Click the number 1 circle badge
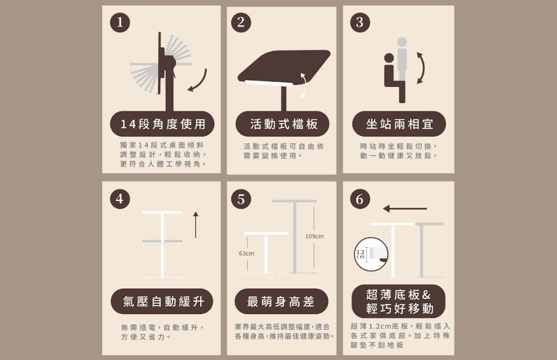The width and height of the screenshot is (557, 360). [x=120, y=23]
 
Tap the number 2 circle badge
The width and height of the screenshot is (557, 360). [x=241, y=22]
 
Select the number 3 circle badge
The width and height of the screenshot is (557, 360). [x=360, y=22]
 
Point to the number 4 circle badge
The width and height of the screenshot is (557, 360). [x=120, y=199]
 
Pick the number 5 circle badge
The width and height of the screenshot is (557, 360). [x=241, y=199]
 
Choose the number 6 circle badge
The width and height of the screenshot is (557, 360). [x=360, y=199]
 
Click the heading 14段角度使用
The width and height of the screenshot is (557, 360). [x=163, y=124]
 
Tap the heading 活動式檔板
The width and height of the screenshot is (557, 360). [x=284, y=124]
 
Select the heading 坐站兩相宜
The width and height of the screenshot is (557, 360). [x=400, y=124]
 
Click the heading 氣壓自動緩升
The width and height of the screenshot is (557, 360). [x=163, y=302]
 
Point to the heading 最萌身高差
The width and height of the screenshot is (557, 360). [x=281, y=302]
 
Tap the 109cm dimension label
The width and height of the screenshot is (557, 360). [x=315, y=236]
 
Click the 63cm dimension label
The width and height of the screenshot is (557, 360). [x=246, y=253]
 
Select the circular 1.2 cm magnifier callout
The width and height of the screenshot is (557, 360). [x=371, y=254]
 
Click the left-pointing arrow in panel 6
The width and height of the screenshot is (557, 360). [x=405, y=209]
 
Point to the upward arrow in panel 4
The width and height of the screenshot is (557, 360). [x=196, y=225]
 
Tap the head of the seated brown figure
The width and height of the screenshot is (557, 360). [x=389, y=58]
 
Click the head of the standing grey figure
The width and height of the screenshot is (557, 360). [x=402, y=42]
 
